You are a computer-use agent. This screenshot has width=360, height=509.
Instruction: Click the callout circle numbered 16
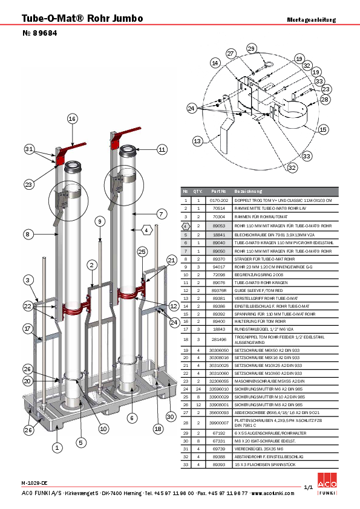tap(73, 119)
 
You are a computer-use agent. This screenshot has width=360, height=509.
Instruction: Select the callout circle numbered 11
tap(162, 149)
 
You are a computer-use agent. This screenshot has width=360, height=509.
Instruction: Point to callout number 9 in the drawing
tap(99, 222)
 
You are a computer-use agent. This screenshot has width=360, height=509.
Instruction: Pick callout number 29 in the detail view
tap(251, 48)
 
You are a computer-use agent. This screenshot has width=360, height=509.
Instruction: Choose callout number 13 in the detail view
tap(197, 141)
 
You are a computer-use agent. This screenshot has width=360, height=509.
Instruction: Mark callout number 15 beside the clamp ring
tap(323, 129)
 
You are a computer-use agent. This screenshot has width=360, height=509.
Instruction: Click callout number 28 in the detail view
tap(325, 99)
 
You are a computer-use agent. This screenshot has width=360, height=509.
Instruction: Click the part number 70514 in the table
tap(218, 207)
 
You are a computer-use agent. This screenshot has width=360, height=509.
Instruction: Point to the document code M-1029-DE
tap(34, 484)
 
